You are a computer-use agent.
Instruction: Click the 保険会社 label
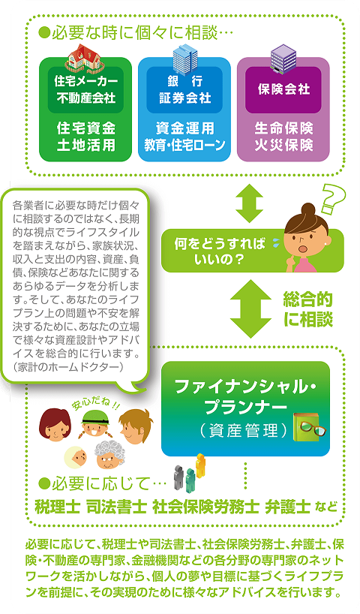click(x=283, y=89)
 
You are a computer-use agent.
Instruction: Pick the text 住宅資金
click(x=86, y=128)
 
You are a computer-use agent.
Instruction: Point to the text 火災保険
click(x=283, y=146)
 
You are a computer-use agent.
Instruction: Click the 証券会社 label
click(x=184, y=98)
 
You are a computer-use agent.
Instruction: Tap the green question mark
click(x=332, y=200)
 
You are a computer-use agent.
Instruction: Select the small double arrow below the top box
click(x=249, y=203)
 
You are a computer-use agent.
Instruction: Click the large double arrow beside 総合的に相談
click(x=250, y=309)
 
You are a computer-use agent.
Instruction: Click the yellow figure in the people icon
click(x=201, y=465)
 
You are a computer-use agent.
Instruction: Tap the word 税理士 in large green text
click(x=58, y=507)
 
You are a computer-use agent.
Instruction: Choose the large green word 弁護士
click(x=288, y=507)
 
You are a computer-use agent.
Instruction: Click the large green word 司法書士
click(x=116, y=507)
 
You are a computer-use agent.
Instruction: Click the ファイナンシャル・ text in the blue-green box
click(x=246, y=387)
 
